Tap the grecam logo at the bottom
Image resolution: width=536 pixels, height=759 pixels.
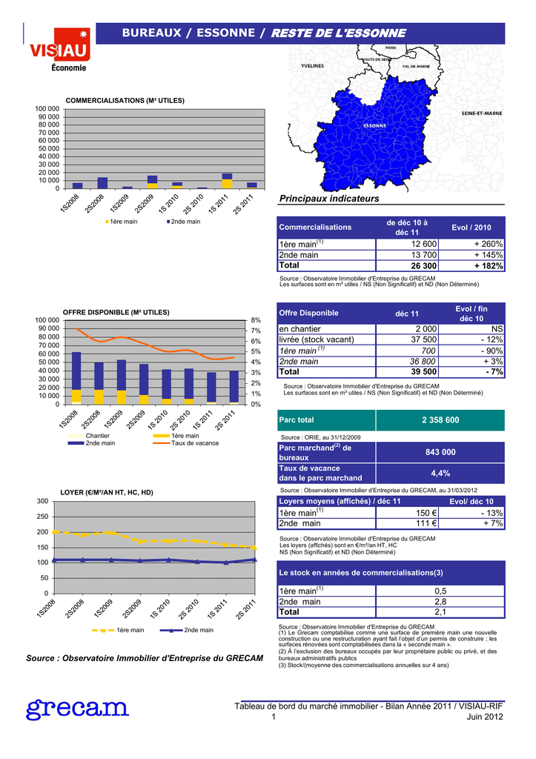pyautogui.click(x=77, y=709)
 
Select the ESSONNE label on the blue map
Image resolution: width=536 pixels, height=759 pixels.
pyautogui.click(x=375, y=126)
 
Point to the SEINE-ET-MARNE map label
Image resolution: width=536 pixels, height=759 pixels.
pyautogui.click(x=481, y=113)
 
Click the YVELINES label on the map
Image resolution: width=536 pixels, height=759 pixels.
pyautogui.click(x=312, y=66)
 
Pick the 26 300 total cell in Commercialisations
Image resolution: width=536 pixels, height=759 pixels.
pyautogui.click(x=424, y=266)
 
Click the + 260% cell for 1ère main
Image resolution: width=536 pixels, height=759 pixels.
pyautogui.click(x=489, y=245)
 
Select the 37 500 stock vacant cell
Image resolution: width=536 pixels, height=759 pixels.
pyautogui.click(x=424, y=339)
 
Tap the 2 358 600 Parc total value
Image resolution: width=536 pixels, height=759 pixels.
pyautogui.click(x=440, y=420)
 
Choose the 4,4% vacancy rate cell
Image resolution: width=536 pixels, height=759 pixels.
pyautogui.click(x=440, y=474)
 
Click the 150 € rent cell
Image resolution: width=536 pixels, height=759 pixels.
pyautogui.click(x=426, y=513)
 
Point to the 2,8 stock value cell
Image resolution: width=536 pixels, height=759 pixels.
pyautogui.click(x=440, y=602)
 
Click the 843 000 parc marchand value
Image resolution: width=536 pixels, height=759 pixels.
pyautogui.click(x=440, y=452)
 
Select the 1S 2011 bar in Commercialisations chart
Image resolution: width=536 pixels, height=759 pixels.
pyautogui.click(x=227, y=181)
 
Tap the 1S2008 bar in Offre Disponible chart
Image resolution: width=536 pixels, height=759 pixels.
pyautogui.click(x=76, y=378)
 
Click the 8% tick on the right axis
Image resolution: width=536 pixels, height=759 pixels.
pyautogui.click(x=256, y=320)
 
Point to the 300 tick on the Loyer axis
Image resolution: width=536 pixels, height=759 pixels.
pyautogui.click(x=42, y=502)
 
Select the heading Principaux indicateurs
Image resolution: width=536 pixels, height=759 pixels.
pyautogui.click(x=329, y=199)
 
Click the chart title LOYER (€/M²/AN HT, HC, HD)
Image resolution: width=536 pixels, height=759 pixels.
pyautogui.click(x=107, y=493)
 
